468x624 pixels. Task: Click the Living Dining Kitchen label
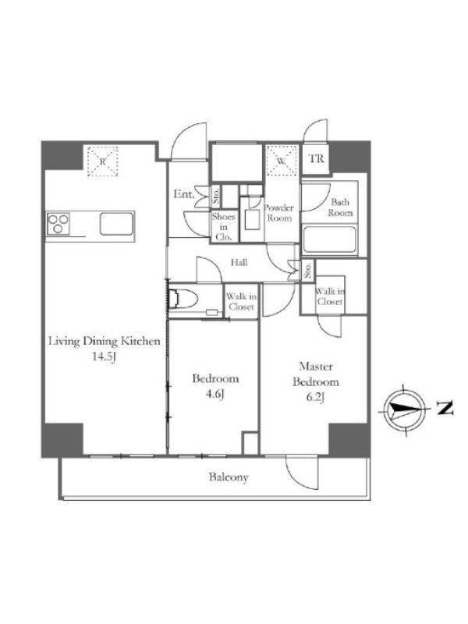click(105, 342)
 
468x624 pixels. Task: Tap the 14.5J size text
click(104, 356)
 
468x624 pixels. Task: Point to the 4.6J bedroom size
click(214, 394)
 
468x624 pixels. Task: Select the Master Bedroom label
click(316, 374)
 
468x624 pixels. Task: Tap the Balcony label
click(229, 477)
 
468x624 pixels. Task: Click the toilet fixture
click(184, 299)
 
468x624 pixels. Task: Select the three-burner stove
click(58, 223)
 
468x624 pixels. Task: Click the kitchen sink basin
click(116, 224)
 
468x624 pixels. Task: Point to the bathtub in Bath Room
click(329, 239)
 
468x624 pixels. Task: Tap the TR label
click(317, 159)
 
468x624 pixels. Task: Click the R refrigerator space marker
click(103, 161)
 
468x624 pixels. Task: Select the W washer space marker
click(282, 161)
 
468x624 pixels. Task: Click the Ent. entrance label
click(184, 194)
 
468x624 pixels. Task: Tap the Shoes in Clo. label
click(223, 227)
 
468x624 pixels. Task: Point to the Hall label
click(239, 262)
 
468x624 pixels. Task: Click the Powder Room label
click(279, 213)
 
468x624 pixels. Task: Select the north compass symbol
click(405, 409)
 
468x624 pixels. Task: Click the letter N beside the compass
click(445, 408)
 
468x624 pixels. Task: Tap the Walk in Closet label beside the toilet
click(241, 302)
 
